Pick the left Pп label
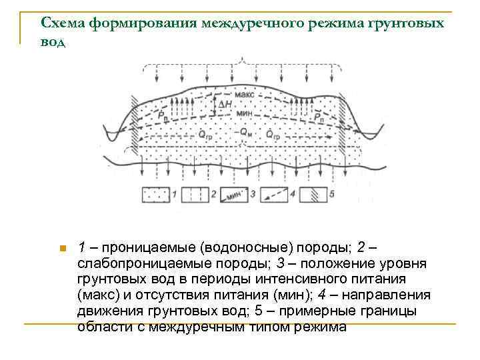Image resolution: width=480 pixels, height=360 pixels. point(164,117)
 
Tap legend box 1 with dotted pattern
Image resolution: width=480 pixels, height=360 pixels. point(155,195)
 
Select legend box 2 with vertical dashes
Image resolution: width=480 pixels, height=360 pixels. point(195,195)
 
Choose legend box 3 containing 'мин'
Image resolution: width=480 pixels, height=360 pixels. point(233,195)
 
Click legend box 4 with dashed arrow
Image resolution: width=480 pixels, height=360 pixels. point(273,195)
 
